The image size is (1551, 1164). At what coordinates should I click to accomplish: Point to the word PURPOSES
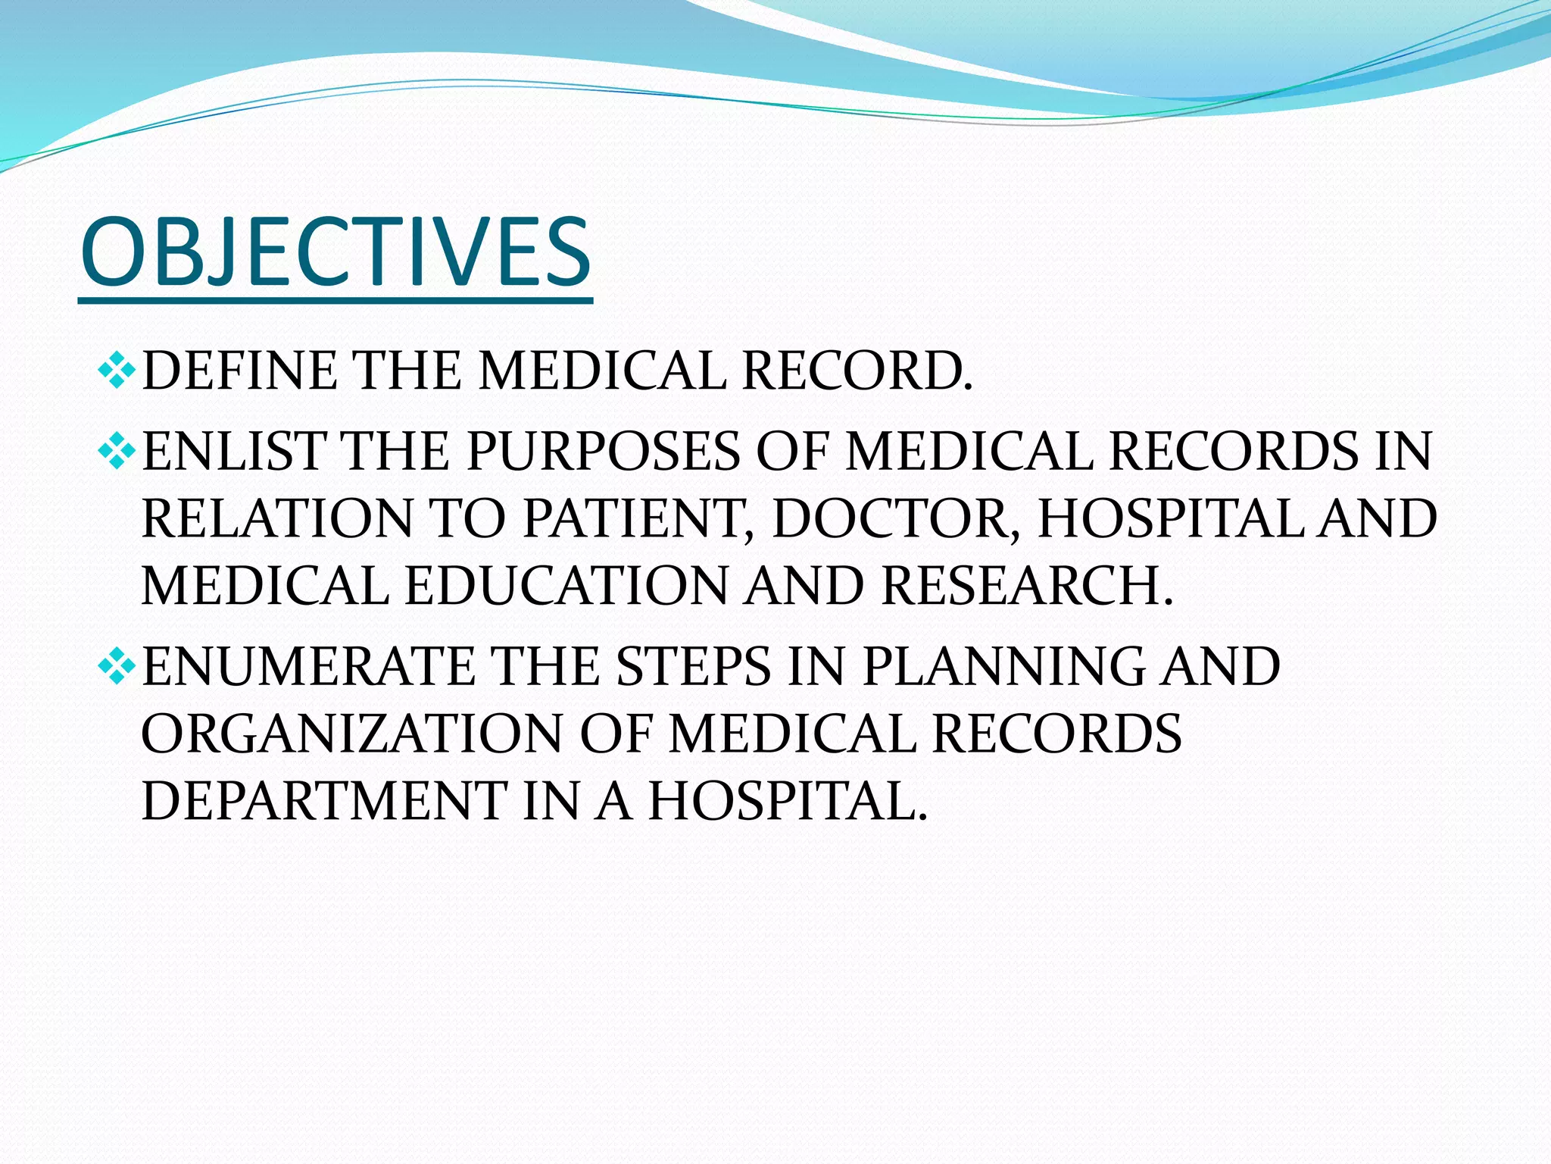click(x=603, y=452)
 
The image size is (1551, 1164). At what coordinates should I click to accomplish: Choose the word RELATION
click(x=276, y=519)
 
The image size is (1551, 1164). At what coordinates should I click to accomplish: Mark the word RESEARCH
click(x=1027, y=587)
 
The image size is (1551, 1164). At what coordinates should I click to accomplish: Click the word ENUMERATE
click(x=307, y=667)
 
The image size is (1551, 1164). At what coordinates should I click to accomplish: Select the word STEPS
click(x=691, y=667)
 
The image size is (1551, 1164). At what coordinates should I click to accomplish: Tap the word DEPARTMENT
click(x=324, y=801)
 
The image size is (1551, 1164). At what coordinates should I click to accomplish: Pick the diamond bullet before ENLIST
click(x=117, y=451)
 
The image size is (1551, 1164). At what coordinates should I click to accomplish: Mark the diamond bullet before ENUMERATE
click(x=117, y=666)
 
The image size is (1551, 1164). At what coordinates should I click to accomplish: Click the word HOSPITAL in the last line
click(x=788, y=801)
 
